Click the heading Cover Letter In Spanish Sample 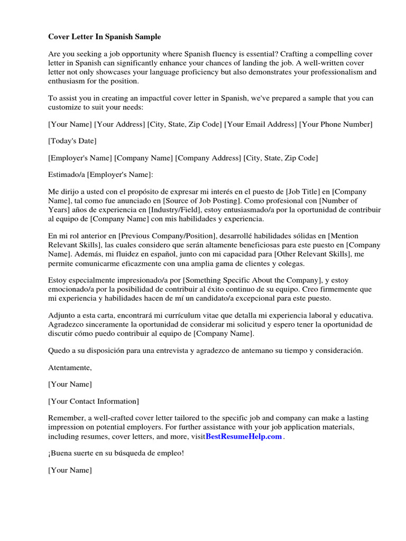pos(105,37)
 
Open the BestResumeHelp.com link pos(244,436)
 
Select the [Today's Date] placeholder pos(72,141)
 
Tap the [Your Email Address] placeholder pos(260,124)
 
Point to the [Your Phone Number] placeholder pos(336,124)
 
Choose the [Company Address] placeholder pos(208,158)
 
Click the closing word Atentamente pos(70,367)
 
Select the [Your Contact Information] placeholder pos(94,401)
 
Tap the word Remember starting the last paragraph pos(66,418)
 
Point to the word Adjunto pos(61,315)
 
